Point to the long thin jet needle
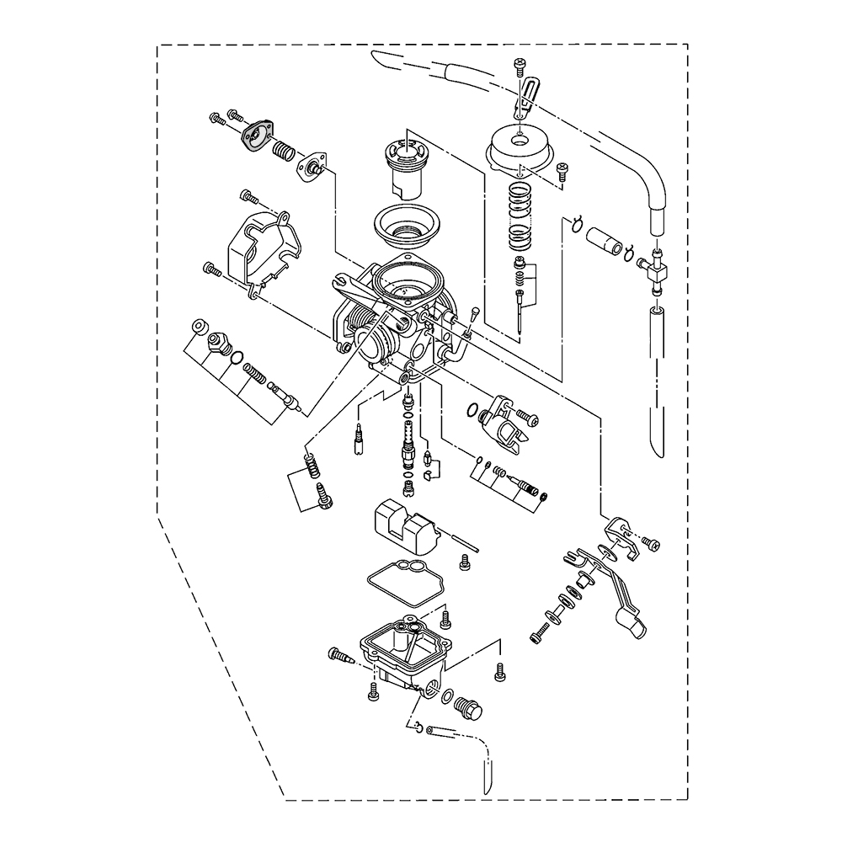pos(523,312)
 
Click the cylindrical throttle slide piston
pos(407,168)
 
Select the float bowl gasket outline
pos(402,582)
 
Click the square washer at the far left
pos(199,326)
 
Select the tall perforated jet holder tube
pos(409,441)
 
